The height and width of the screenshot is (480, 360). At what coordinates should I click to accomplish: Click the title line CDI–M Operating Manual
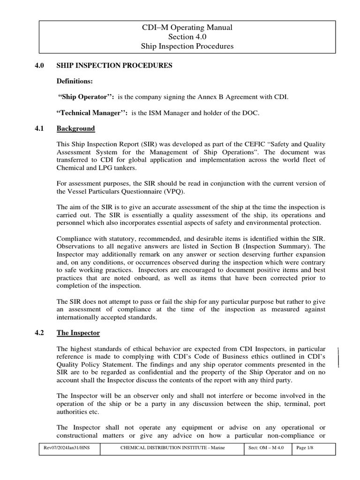point(187,28)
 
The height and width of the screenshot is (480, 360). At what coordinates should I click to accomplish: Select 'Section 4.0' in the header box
point(187,37)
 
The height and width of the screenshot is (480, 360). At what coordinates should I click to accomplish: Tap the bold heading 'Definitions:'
point(75,81)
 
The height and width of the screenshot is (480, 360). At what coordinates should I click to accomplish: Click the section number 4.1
point(39,128)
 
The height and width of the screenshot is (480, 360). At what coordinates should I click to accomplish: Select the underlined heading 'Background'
point(75,128)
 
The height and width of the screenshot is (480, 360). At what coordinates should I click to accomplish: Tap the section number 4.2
point(39,333)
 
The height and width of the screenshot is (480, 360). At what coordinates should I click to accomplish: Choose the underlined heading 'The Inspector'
point(78,333)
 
